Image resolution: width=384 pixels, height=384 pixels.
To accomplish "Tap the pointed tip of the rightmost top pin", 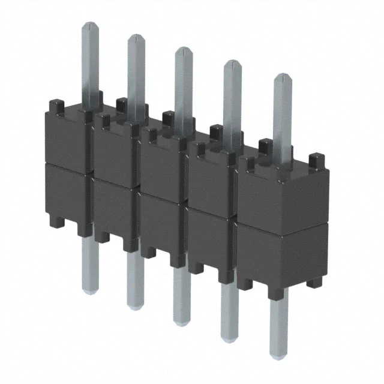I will click(x=283, y=77).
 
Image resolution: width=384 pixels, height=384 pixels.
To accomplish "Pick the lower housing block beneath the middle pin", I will click(x=163, y=225).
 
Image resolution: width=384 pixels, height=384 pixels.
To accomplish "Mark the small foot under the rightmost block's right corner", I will click(x=316, y=282).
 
